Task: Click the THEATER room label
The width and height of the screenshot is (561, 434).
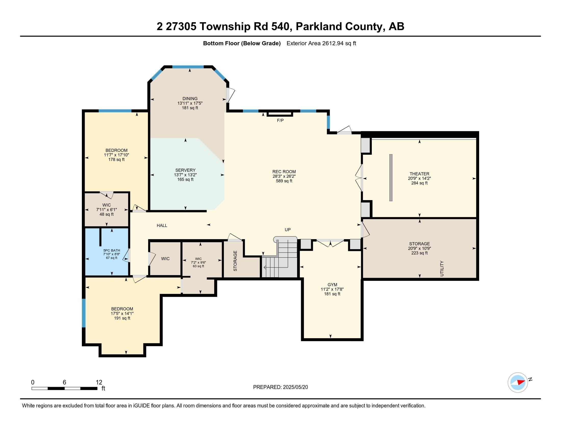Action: [419, 174]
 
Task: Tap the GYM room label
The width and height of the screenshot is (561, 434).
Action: [332, 285]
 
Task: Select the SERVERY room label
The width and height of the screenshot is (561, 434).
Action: [185, 170]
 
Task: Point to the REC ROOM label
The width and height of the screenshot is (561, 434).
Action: [284, 172]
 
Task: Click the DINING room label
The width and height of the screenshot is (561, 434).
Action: [190, 99]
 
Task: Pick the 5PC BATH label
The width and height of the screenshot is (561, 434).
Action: [112, 250]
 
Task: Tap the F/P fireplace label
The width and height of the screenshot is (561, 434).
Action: [280, 120]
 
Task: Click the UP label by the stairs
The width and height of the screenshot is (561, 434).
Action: [287, 230]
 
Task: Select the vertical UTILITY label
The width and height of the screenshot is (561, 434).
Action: [442, 268]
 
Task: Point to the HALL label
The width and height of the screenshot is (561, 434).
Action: [162, 225]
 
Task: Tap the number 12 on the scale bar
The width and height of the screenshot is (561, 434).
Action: [99, 382]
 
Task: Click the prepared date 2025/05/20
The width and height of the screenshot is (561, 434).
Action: [295, 387]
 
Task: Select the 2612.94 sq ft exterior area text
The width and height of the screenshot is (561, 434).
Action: [339, 43]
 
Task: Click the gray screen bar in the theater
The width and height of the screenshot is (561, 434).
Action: [391, 177]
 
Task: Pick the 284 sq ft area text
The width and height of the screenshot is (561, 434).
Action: [419, 183]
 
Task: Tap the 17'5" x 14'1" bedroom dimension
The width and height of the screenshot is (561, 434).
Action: [122, 314]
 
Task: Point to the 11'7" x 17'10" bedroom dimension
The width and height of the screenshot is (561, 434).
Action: [116, 155]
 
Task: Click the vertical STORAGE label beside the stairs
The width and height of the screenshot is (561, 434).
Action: [235, 261]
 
